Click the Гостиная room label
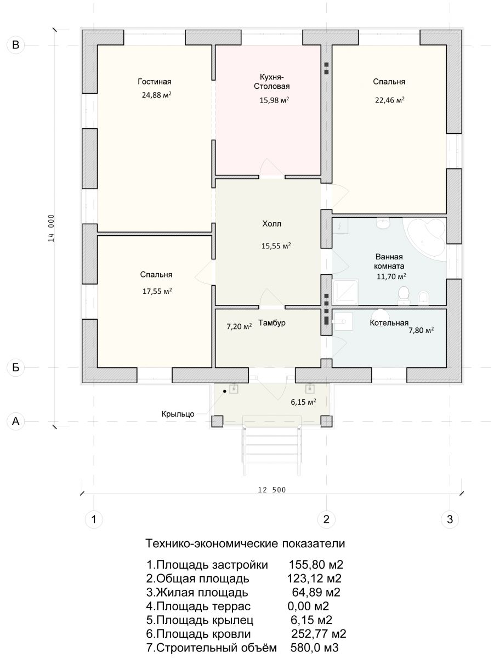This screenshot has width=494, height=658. point(155,82)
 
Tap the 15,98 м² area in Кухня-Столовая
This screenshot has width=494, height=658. point(274,100)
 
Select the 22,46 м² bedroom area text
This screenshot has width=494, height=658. point(390,100)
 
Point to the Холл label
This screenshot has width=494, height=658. point(272,224)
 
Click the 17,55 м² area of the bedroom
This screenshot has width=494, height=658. point(157,291)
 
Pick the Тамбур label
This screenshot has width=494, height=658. point(272,323)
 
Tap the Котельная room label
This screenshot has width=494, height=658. point(389,323)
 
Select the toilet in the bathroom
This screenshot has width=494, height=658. point(404,296)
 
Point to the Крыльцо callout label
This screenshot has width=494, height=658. point(178,414)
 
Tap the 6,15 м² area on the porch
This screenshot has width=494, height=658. point(303,402)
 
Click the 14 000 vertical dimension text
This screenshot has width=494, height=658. point(52,228)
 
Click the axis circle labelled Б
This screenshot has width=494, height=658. point(15,367)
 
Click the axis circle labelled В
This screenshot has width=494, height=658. point(15,45)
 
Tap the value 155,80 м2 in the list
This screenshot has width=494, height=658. point(316,565)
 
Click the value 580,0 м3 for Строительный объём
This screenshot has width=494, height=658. point(315,648)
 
